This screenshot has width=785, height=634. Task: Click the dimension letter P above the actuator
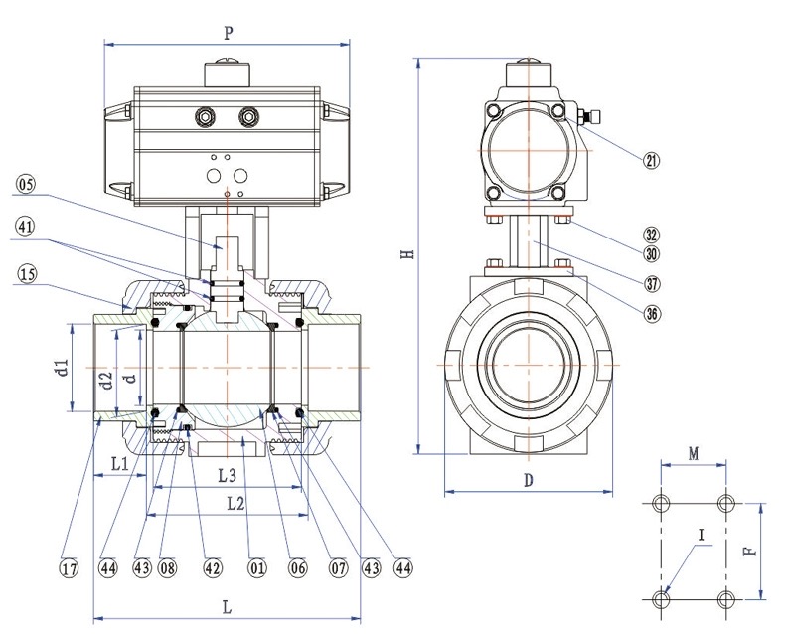228,33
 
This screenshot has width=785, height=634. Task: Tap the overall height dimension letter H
405,254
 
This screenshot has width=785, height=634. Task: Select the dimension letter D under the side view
529,480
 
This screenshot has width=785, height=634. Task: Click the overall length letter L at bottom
228,606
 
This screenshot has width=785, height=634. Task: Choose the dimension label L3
226,474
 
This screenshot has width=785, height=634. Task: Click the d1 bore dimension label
62,369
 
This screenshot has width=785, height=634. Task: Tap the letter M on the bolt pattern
695,454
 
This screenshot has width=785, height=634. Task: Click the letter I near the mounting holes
702,536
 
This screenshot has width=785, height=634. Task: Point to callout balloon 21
652,160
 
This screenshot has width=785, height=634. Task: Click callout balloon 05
25,183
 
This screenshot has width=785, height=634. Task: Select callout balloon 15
25,271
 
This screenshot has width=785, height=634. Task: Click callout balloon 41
25,226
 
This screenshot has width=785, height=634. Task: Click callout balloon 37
652,283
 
